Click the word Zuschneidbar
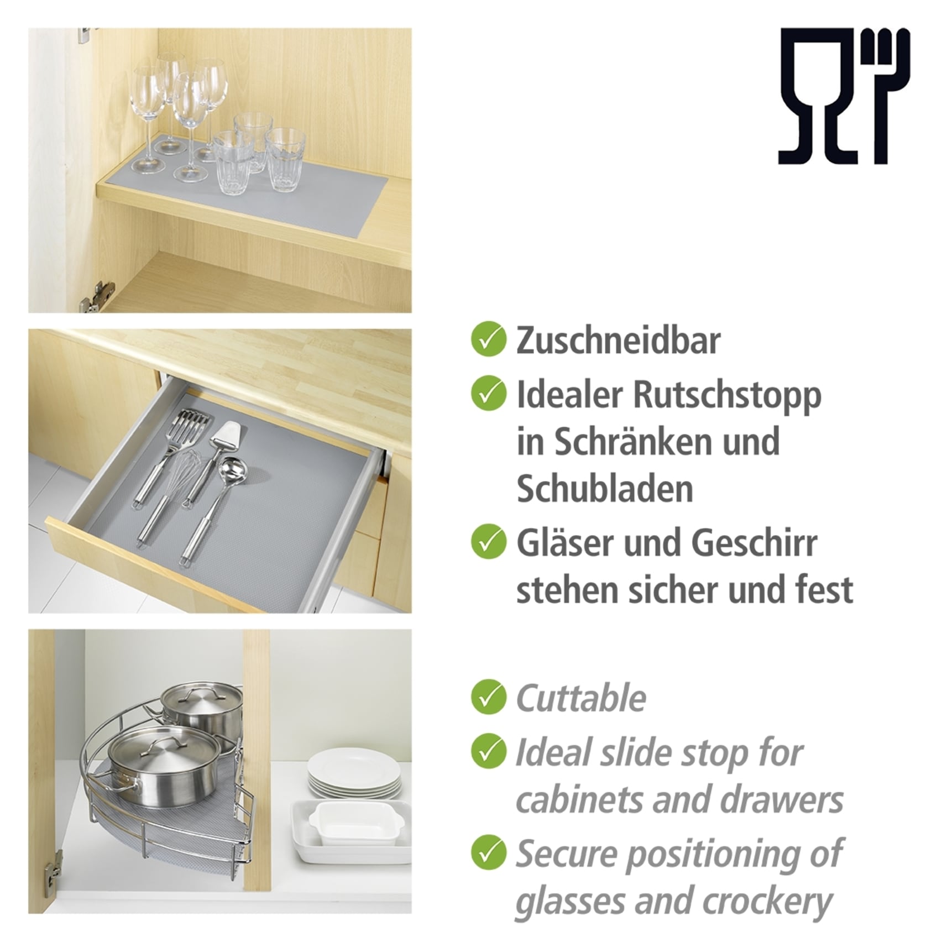(x=618, y=341)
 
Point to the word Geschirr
(x=754, y=543)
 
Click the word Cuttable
(x=580, y=698)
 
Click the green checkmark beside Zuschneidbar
(x=488, y=340)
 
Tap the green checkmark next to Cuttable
(x=488, y=698)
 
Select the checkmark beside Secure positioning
(x=488, y=853)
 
